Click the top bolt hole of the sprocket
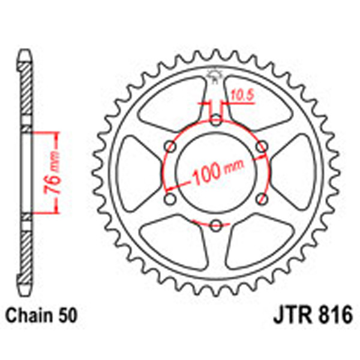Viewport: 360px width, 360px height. pos(215,121)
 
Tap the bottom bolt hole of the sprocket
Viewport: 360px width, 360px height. pos(215,226)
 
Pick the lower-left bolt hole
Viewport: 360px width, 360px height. pos(170,199)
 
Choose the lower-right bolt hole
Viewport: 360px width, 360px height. pos(261,199)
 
